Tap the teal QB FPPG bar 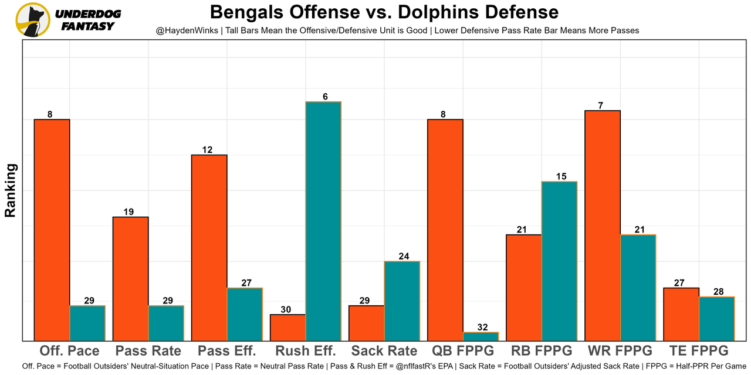click(x=481, y=336)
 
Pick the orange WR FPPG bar click(x=603, y=226)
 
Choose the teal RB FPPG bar click(x=559, y=261)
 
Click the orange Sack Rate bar click(x=367, y=323)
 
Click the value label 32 click(x=481, y=328)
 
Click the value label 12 click(x=207, y=150)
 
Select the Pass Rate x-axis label click(x=148, y=351)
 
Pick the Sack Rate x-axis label click(x=384, y=351)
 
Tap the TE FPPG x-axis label click(x=699, y=351)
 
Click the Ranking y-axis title click(x=11, y=190)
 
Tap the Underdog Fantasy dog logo click(x=33, y=19)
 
